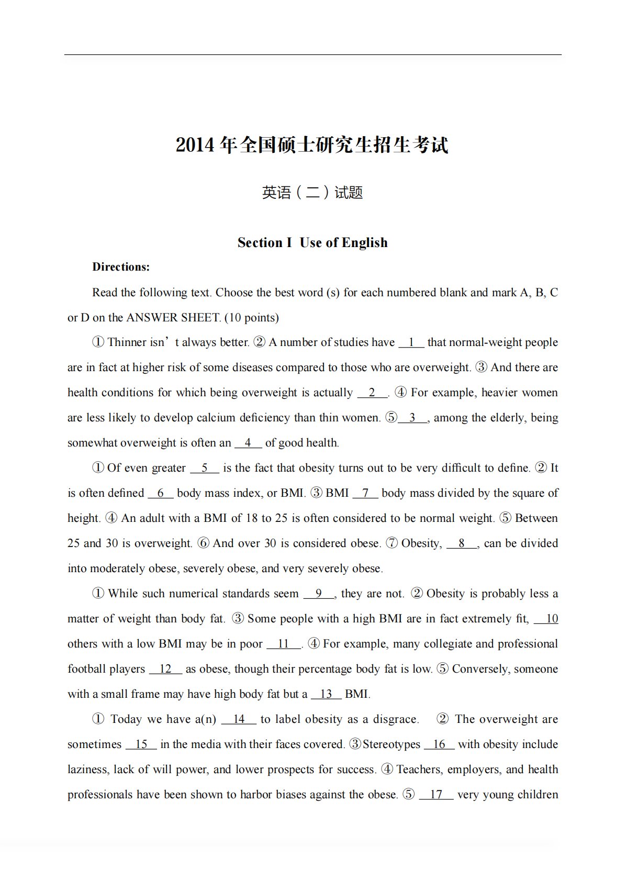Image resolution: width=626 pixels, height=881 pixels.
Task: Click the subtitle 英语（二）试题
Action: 312,193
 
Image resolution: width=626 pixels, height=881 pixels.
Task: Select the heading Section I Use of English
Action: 312,242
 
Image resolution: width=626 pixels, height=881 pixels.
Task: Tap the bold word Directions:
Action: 121,267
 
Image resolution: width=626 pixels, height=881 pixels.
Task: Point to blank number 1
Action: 411,342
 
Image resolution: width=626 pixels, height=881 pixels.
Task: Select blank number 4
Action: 248,443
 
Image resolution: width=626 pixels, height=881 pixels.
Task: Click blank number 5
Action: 204,468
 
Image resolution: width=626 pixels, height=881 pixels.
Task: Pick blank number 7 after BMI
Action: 365,493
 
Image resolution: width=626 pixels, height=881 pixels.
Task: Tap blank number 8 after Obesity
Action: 462,543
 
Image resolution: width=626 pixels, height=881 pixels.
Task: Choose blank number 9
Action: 319,594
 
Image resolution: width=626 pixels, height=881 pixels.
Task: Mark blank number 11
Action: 284,644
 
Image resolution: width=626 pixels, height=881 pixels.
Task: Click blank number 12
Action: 165,669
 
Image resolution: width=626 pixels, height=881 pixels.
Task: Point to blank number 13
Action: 326,694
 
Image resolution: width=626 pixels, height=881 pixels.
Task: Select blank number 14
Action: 239,719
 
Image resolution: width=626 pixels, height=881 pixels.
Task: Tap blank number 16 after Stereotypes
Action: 439,744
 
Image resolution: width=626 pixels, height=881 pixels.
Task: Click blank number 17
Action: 436,795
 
